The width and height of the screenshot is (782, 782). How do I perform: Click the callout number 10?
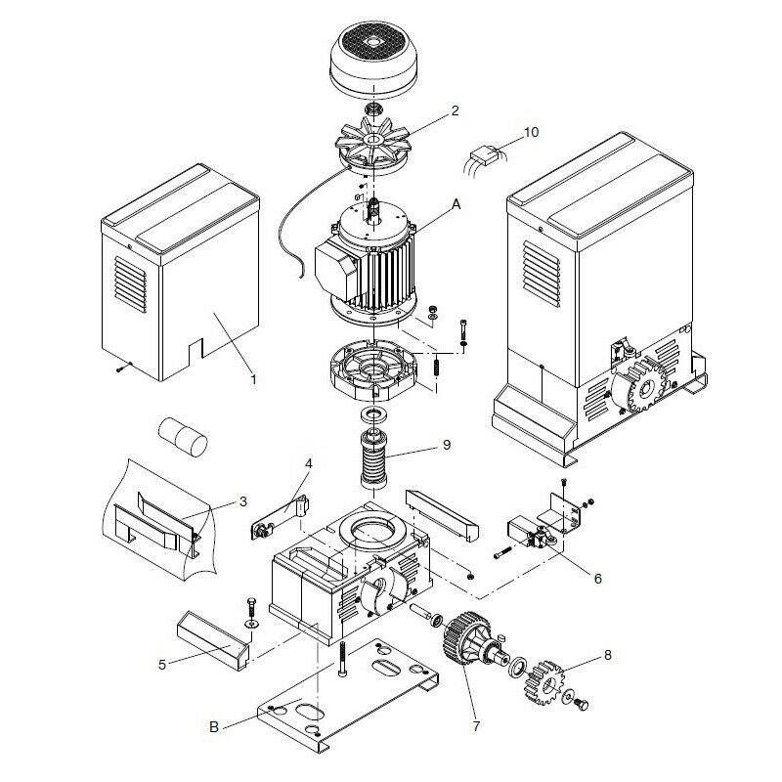(x=531, y=132)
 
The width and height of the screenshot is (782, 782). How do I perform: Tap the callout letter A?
(x=456, y=204)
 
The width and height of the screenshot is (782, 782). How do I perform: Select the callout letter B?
(x=214, y=726)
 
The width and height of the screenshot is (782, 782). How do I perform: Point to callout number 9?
(x=447, y=444)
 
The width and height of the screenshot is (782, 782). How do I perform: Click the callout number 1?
(x=253, y=379)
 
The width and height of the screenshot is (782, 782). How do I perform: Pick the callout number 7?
(x=476, y=726)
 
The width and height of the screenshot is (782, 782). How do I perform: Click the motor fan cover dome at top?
(x=373, y=59)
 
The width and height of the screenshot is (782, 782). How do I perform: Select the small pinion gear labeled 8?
(x=544, y=682)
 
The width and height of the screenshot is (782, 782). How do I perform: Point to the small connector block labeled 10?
(x=485, y=154)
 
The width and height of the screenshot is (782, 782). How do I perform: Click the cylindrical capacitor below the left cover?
(x=183, y=436)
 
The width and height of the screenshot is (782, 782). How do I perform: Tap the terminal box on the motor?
(x=336, y=272)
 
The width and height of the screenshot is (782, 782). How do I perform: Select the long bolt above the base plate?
(x=343, y=659)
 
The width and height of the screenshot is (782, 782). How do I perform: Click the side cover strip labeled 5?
(x=213, y=641)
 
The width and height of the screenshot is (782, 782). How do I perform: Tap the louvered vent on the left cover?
(x=130, y=284)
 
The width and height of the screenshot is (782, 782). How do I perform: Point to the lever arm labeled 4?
(x=281, y=517)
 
